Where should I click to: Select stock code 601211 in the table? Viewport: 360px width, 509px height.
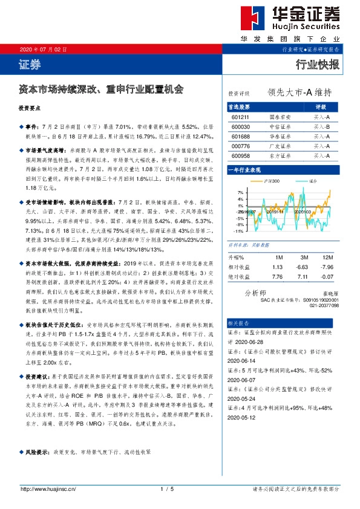point(240,117)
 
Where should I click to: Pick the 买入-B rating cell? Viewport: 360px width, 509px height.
point(322,126)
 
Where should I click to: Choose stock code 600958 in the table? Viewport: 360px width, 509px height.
point(240,155)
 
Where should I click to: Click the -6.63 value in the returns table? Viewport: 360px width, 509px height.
point(302,267)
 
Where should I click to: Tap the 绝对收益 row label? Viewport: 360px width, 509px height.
point(240,276)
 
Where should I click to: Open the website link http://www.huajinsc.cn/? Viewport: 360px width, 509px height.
point(48,488)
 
